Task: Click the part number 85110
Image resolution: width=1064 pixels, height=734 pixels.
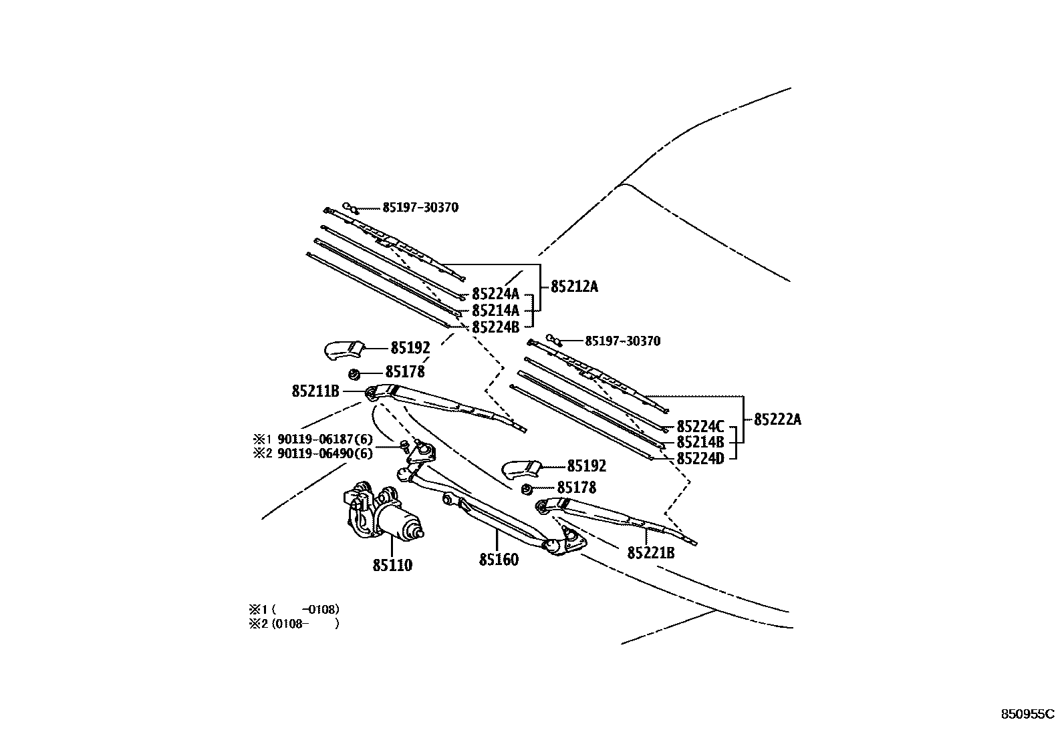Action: [x=392, y=565]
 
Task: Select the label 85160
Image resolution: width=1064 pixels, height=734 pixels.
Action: [x=499, y=560]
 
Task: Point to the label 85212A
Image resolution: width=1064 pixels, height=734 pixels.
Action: [x=574, y=287]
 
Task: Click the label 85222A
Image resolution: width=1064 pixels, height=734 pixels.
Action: [x=777, y=419]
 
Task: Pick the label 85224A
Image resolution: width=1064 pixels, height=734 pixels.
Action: [x=495, y=294]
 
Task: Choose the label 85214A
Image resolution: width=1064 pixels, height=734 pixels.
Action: [x=495, y=311]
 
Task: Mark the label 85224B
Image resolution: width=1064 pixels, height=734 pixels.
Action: [x=495, y=327]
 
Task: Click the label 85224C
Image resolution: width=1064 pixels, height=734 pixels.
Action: [x=700, y=426]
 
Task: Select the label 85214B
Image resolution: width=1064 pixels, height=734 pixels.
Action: [x=700, y=442]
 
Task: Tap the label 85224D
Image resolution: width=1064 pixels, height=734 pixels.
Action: [x=700, y=459]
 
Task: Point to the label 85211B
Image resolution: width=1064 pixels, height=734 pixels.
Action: [x=315, y=391]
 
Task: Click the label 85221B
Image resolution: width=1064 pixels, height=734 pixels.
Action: [x=650, y=553]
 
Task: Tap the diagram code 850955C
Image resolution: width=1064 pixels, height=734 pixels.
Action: [x=1027, y=713]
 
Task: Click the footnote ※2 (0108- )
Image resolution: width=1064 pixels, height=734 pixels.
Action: [x=295, y=624]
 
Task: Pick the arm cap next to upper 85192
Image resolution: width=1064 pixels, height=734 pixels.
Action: [x=344, y=349]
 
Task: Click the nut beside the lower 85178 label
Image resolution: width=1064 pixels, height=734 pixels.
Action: [x=526, y=489]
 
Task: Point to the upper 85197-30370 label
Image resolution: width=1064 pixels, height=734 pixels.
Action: [x=420, y=208]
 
